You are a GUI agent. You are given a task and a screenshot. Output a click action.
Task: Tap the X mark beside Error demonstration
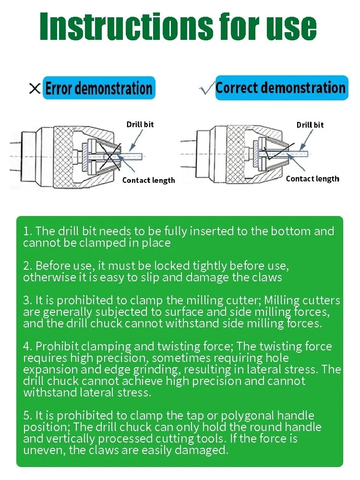pyautogui.click(x=35, y=89)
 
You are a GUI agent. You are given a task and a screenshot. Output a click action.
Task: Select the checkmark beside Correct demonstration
pyautogui.click(x=206, y=89)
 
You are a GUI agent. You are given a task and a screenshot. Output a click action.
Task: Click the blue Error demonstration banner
pyautogui.click(x=99, y=88)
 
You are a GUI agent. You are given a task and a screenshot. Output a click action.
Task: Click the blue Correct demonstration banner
pyautogui.click(x=281, y=88)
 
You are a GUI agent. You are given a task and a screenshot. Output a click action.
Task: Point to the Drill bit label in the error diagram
pyautogui.click(x=140, y=124)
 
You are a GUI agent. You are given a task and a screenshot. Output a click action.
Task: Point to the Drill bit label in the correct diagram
pyautogui.click(x=310, y=125)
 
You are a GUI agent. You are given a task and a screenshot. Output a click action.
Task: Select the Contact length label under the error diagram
pyautogui.click(x=148, y=180)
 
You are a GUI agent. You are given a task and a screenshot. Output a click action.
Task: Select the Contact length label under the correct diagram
pyautogui.click(x=312, y=179)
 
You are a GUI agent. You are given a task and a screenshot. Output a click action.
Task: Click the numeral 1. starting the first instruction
pyautogui.click(x=27, y=231)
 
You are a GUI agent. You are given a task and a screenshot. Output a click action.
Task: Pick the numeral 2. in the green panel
pyautogui.click(x=28, y=266)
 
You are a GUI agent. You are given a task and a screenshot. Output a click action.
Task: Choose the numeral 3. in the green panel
pyautogui.click(x=28, y=301)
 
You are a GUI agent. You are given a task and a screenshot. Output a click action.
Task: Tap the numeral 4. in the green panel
pyautogui.click(x=28, y=347)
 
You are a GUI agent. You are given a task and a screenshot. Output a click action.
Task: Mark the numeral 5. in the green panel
pyautogui.click(x=28, y=416)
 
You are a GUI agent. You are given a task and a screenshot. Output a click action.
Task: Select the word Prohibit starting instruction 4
pyautogui.click(x=57, y=347)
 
